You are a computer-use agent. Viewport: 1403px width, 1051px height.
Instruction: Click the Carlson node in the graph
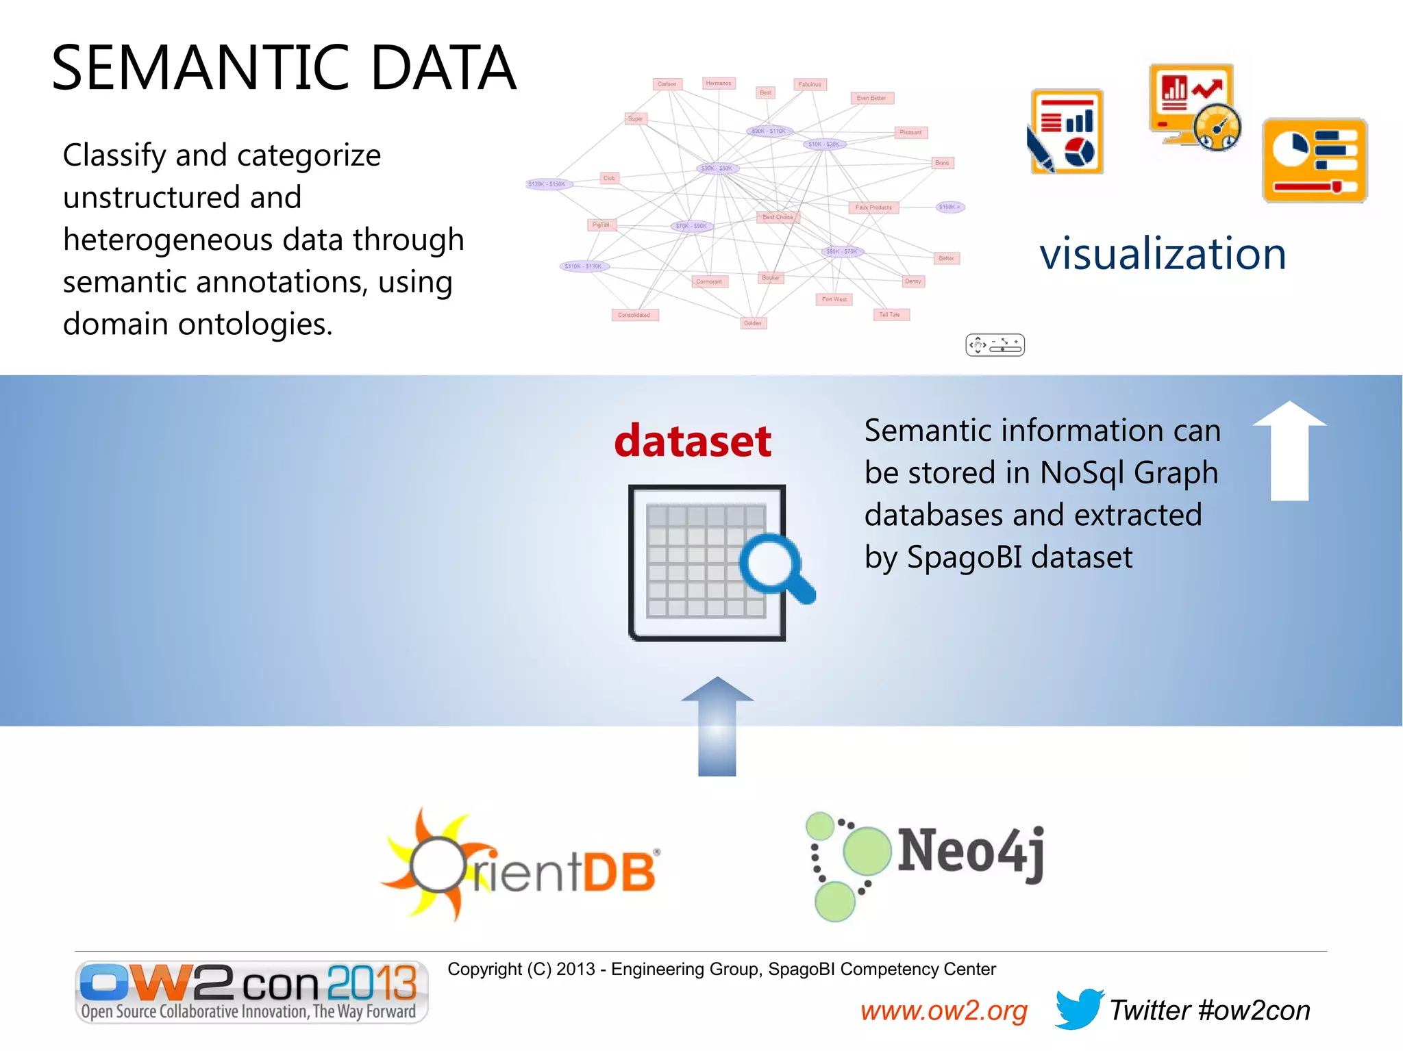(667, 84)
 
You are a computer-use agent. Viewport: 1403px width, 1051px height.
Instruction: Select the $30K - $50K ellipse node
(717, 168)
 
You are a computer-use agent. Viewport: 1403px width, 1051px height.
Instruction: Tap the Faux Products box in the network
(873, 207)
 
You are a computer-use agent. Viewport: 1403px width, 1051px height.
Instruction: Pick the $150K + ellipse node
(949, 207)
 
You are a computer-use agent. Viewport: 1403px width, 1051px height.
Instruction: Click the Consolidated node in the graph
(634, 315)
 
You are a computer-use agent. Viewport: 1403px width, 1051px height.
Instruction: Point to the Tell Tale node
(890, 314)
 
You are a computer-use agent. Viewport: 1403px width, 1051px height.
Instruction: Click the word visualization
(1163, 254)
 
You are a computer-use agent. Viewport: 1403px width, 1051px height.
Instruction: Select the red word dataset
(693, 441)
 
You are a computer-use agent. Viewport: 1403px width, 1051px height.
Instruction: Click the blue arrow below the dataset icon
(717, 726)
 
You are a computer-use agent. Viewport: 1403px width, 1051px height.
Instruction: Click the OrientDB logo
(521, 866)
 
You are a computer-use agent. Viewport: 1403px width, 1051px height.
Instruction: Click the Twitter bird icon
(1078, 1009)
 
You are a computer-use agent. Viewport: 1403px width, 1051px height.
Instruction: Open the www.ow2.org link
(943, 1011)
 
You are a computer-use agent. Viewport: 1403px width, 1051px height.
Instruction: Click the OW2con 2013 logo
(251, 991)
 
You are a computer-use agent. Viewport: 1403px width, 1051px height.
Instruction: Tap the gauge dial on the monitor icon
(1217, 127)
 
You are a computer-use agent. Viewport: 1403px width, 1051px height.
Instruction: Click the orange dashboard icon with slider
(1314, 160)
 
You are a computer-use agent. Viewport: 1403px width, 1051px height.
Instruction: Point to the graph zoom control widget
(995, 345)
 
